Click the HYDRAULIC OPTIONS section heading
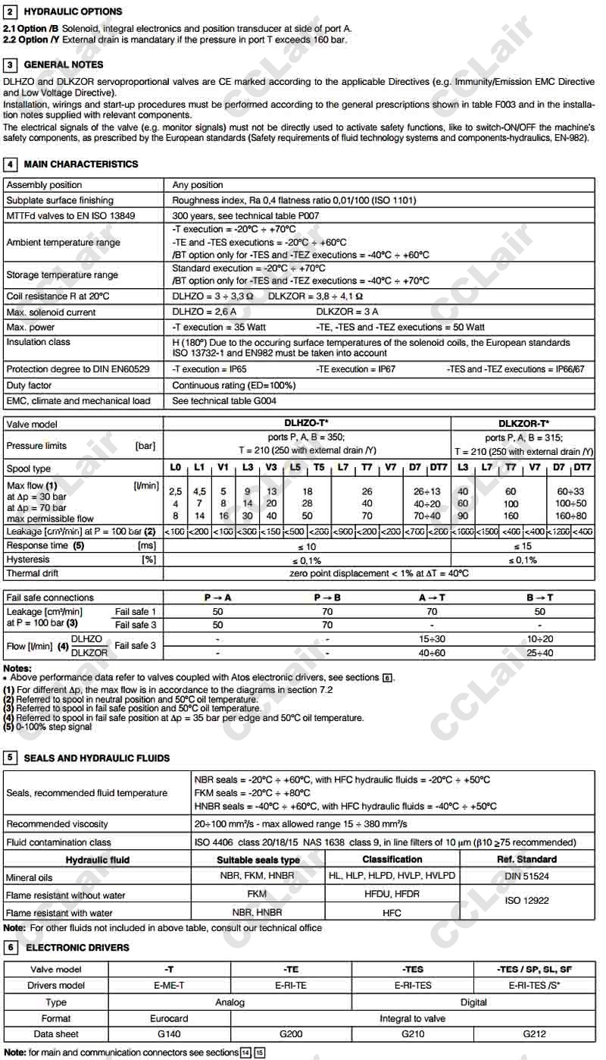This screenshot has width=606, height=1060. pos(73,11)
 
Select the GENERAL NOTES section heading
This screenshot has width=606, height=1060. pos(64,64)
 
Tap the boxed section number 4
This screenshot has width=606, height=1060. pos(11,164)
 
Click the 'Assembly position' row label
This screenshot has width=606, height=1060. pos(44,185)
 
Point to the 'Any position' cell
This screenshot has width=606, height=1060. pos(198,185)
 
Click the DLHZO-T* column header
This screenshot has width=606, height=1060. pos(306,424)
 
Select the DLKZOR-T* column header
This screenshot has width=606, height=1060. pos(523,424)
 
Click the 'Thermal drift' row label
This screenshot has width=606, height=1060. pos(33,574)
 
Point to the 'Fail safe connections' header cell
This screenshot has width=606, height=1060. pos(50,597)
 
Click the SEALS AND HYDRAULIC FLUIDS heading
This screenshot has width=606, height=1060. pos(97,757)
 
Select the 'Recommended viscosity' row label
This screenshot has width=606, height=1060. pos(57,824)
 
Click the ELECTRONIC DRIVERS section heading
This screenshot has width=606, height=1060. pos(77,947)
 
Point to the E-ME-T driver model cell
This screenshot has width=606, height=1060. pos(169,986)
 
